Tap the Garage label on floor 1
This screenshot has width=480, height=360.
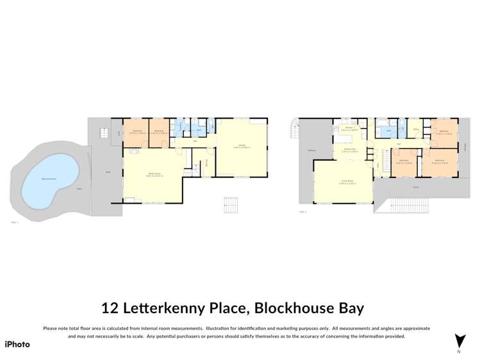tap(242, 146)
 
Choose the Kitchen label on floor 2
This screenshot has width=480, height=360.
tap(348, 128)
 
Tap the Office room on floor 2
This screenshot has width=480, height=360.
tap(415, 129)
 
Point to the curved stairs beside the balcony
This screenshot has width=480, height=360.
tap(295, 129)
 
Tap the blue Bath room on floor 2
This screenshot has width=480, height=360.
tap(388, 131)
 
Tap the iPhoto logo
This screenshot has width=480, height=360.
tap(17, 344)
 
